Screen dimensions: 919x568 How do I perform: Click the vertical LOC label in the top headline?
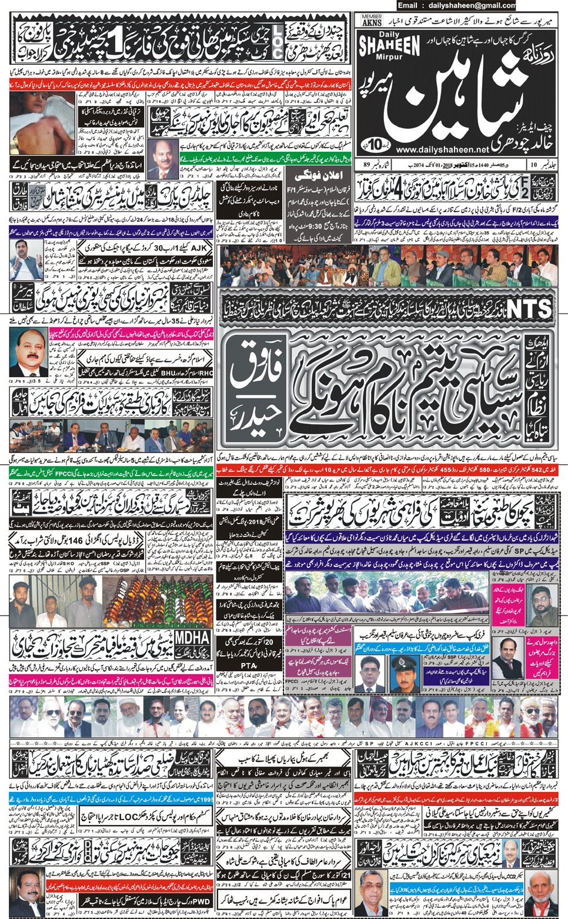pyautogui.click(x=276, y=41)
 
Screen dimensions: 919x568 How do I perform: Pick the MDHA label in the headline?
pyautogui.click(x=192, y=638)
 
